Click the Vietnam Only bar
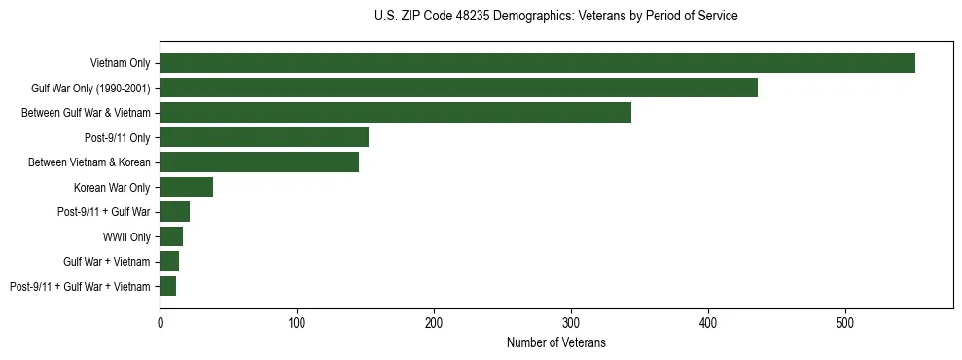[537, 63]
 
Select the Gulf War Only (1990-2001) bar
[458, 88]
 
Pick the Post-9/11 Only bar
[264, 137]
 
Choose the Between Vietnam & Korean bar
[259, 162]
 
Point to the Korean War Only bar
[186, 187]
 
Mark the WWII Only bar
[171, 236]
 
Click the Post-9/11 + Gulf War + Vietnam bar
[167, 286]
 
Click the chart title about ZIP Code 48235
[555, 17]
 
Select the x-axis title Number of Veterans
[555, 342]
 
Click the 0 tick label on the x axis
[160, 322]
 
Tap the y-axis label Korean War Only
[112, 187]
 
